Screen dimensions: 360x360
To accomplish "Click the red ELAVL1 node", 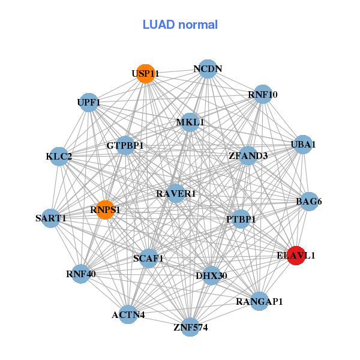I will coord(296,255).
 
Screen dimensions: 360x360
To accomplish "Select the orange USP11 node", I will coord(145,74).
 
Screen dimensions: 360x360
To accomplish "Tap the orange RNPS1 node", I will coord(106,209).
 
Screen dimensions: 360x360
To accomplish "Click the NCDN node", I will coord(208,69).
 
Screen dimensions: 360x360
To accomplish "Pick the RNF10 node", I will coord(263,94).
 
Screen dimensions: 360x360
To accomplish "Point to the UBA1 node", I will coord(303,145).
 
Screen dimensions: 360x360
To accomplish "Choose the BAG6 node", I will coord(308,202).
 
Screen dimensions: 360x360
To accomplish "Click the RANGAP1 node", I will coord(259,301).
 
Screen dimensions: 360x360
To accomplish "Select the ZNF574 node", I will coord(190,327).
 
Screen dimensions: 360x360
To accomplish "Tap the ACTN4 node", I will coord(128,314).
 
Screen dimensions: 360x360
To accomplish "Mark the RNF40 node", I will coord(81,274).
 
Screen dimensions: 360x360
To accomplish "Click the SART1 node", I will coord(51,218).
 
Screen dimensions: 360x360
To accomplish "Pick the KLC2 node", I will coord(59,157).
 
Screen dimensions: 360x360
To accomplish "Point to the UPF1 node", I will coord(89,103).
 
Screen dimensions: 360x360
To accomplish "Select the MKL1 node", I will coord(190,122).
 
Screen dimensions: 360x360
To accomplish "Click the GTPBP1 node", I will coord(125,145).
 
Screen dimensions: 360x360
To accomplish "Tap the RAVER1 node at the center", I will coord(176,193).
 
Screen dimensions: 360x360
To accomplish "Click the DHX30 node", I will coord(211,275).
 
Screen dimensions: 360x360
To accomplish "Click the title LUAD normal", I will coord(180,25).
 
